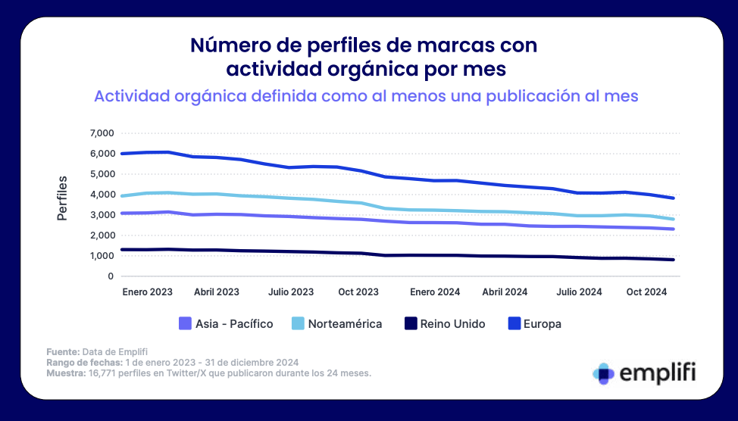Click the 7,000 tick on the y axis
point(102,133)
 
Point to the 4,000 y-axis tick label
point(102,195)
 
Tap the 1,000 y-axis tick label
point(102,256)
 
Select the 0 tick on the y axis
point(111,276)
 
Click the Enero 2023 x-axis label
point(147,292)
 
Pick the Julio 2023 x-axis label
point(291,292)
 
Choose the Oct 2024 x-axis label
point(646,292)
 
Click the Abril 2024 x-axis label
point(505,292)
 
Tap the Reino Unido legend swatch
point(410,323)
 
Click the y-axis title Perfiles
point(63,198)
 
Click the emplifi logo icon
point(604,373)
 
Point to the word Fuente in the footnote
point(61,351)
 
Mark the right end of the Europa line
point(674,198)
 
